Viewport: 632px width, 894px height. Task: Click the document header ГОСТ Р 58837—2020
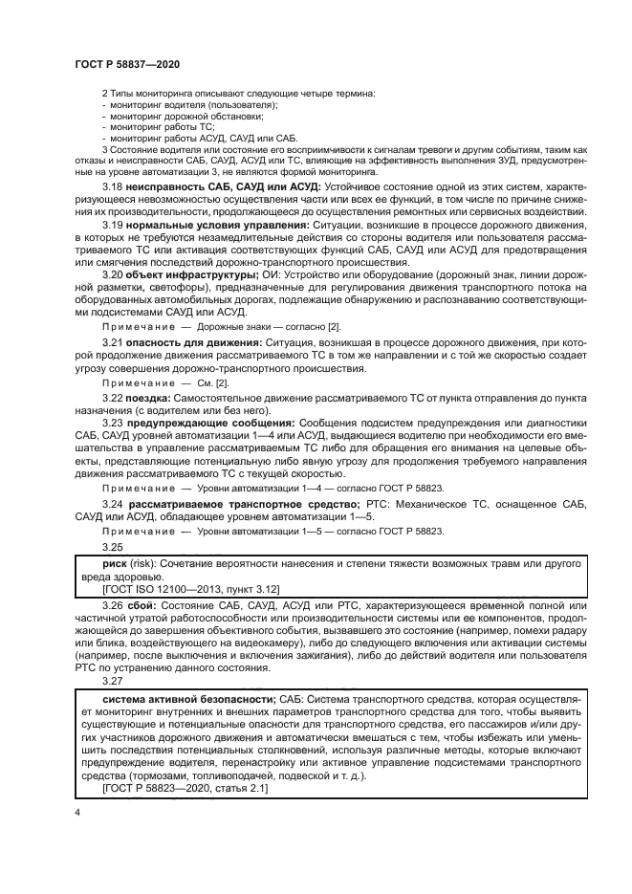pyautogui.click(x=126, y=62)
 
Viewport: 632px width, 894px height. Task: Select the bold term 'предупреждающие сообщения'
pyautogui.click(x=214, y=448)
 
